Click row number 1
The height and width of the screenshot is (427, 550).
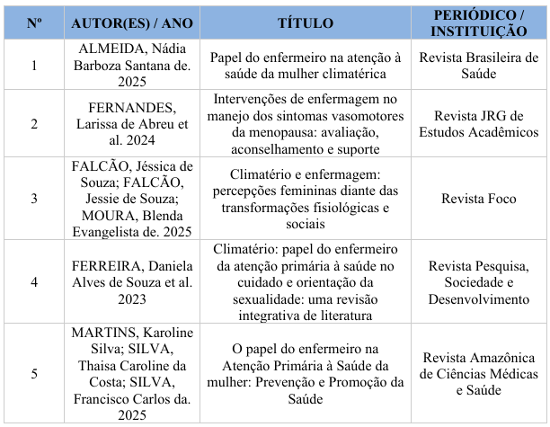[34, 65]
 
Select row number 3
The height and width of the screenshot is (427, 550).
[34, 199]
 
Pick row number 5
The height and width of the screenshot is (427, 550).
[34, 373]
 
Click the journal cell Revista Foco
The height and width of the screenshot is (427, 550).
[479, 199]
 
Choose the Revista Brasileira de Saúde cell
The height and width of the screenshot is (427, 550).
[479, 65]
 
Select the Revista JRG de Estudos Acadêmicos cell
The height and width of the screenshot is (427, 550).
[479, 123]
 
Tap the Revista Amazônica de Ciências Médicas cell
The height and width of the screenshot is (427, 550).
[479, 373]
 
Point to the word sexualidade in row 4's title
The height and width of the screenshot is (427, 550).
[260, 298]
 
